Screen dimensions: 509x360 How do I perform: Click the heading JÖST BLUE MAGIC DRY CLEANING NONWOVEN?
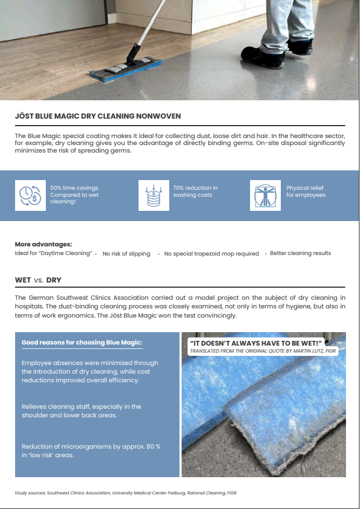pyautogui.click(x=98, y=116)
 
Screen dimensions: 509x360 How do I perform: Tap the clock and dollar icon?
pyautogui.click(x=30, y=195)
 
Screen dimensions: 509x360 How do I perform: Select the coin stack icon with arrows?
pyautogui.click(x=154, y=195)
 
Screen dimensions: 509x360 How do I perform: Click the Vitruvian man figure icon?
pyautogui.click(x=265, y=195)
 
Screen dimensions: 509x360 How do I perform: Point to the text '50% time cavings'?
pyautogui.click(x=74, y=188)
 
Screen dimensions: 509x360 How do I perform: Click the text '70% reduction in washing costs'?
pyautogui.click(x=195, y=191)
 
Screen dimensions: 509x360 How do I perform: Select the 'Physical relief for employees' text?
pyautogui.click(x=306, y=191)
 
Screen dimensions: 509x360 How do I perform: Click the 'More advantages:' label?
pyautogui.click(x=43, y=244)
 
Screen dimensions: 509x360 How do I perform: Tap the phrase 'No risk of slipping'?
pyautogui.click(x=126, y=253)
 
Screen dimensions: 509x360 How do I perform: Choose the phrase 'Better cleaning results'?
pyautogui.click(x=300, y=253)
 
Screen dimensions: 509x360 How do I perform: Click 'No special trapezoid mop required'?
pyautogui.click(x=211, y=253)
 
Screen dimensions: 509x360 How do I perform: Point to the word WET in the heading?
pyautogui.click(x=23, y=280)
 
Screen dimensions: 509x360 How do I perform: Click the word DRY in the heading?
pyautogui.click(x=54, y=280)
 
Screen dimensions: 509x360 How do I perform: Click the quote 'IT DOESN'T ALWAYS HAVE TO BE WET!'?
pyautogui.click(x=255, y=343)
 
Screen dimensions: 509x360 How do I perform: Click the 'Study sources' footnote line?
pyautogui.click(x=125, y=493)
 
